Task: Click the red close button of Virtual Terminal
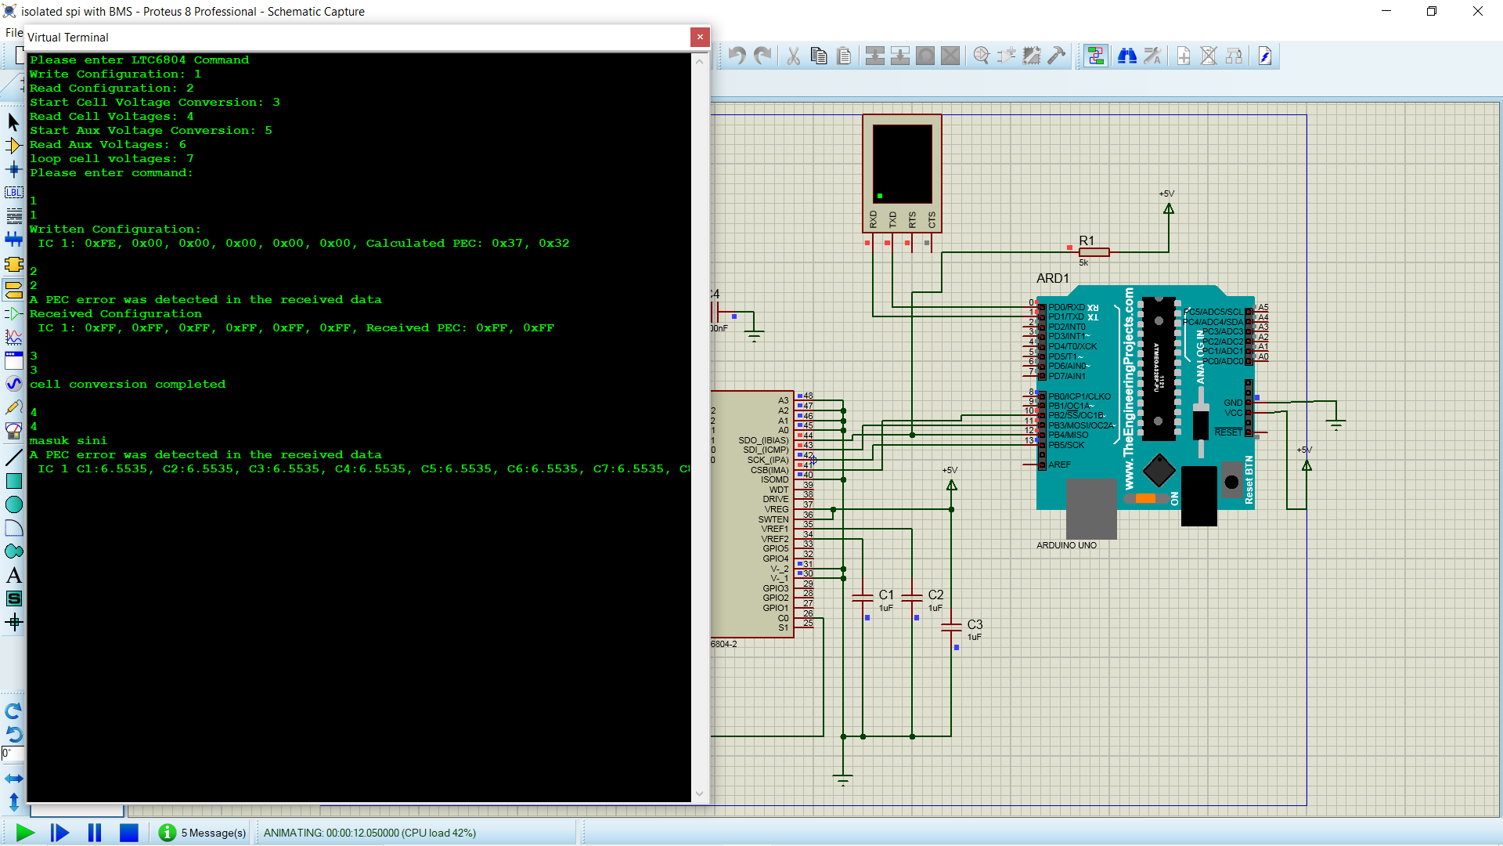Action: click(x=700, y=37)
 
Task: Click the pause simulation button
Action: click(x=95, y=833)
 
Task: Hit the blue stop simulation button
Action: click(x=129, y=833)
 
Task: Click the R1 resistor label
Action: click(x=1087, y=240)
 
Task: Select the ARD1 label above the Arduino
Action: click(x=1052, y=278)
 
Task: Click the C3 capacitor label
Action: click(x=975, y=624)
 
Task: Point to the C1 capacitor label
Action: click(x=886, y=595)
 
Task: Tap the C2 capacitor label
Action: click(x=935, y=595)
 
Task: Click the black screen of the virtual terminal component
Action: click(x=902, y=163)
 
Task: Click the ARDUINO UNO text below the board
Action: click(x=1066, y=545)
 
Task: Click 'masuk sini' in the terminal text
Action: click(x=69, y=441)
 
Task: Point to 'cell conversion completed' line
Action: click(x=128, y=385)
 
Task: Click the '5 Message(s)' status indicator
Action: click(x=213, y=833)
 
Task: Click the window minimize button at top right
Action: click(x=1386, y=11)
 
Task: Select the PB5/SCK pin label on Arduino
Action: click(x=1066, y=445)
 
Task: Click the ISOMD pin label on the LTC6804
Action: click(x=774, y=479)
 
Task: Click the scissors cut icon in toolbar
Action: click(x=793, y=56)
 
